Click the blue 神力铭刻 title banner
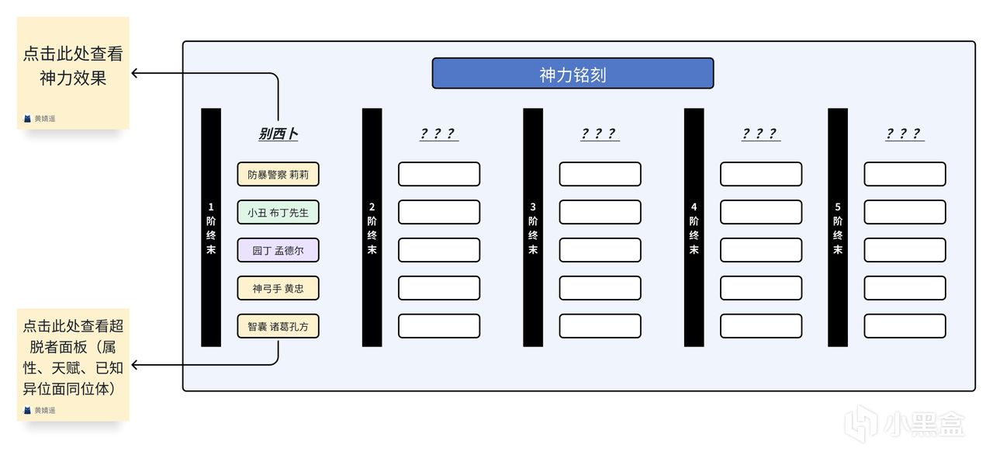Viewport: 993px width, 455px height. click(x=573, y=74)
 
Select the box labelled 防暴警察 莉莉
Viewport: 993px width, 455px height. click(x=278, y=175)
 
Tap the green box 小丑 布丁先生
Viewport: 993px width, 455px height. click(x=278, y=212)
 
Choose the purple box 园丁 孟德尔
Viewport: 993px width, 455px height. click(x=278, y=250)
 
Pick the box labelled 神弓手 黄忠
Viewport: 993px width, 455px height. click(x=278, y=288)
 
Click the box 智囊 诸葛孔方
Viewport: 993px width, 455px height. click(x=278, y=326)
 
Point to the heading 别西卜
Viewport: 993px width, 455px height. click(x=278, y=134)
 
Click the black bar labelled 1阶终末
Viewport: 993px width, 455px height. click(x=211, y=227)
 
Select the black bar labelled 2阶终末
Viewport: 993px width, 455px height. click(x=372, y=227)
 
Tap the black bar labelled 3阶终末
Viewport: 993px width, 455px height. click(x=533, y=227)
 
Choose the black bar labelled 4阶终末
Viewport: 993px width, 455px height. click(x=694, y=227)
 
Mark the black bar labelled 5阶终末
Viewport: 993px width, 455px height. click(x=838, y=227)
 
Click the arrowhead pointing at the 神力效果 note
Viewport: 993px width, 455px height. click(x=135, y=74)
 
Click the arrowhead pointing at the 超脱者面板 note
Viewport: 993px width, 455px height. click(x=135, y=364)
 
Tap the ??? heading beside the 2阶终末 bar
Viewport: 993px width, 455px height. click(x=438, y=134)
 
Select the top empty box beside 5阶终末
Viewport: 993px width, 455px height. click(x=905, y=174)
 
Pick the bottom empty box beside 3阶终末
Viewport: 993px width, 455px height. click(x=600, y=326)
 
